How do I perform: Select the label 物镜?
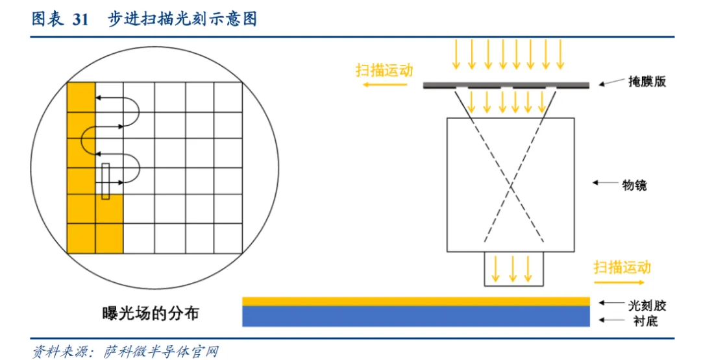[634, 185]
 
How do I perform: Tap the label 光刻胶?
[646, 305]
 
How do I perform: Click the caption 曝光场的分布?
[151, 314]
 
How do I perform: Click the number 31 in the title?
[80, 19]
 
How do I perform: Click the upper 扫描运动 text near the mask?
[384, 70]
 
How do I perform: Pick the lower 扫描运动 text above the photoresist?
[622, 267]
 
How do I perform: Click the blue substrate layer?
[415, 316]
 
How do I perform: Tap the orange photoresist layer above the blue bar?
[415, 301]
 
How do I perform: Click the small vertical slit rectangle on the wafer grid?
[105, 181]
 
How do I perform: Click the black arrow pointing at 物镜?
[604, 184]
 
